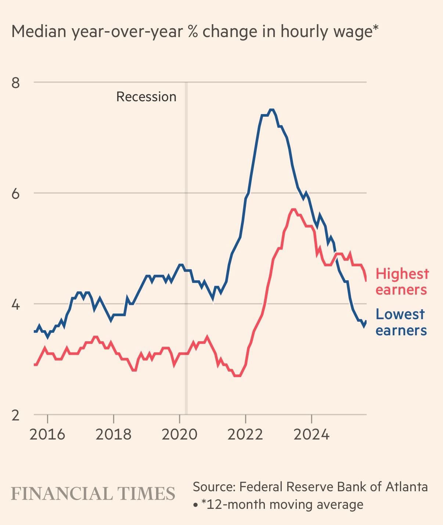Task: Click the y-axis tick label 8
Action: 15,83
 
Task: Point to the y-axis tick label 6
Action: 15,193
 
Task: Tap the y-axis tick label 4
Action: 15,305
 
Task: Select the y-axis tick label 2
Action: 15,415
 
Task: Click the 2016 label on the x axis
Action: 47,434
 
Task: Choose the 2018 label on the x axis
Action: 114,434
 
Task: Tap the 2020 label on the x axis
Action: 180,434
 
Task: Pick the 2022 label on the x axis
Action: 245,434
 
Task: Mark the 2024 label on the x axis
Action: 311,434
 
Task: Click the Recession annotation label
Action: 146,97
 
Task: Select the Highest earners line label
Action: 402,282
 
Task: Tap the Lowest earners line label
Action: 401,322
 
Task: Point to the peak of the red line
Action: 293,209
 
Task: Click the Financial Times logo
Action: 93,493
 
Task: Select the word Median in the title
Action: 38,32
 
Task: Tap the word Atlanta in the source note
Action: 407,487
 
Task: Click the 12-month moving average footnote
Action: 282,504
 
